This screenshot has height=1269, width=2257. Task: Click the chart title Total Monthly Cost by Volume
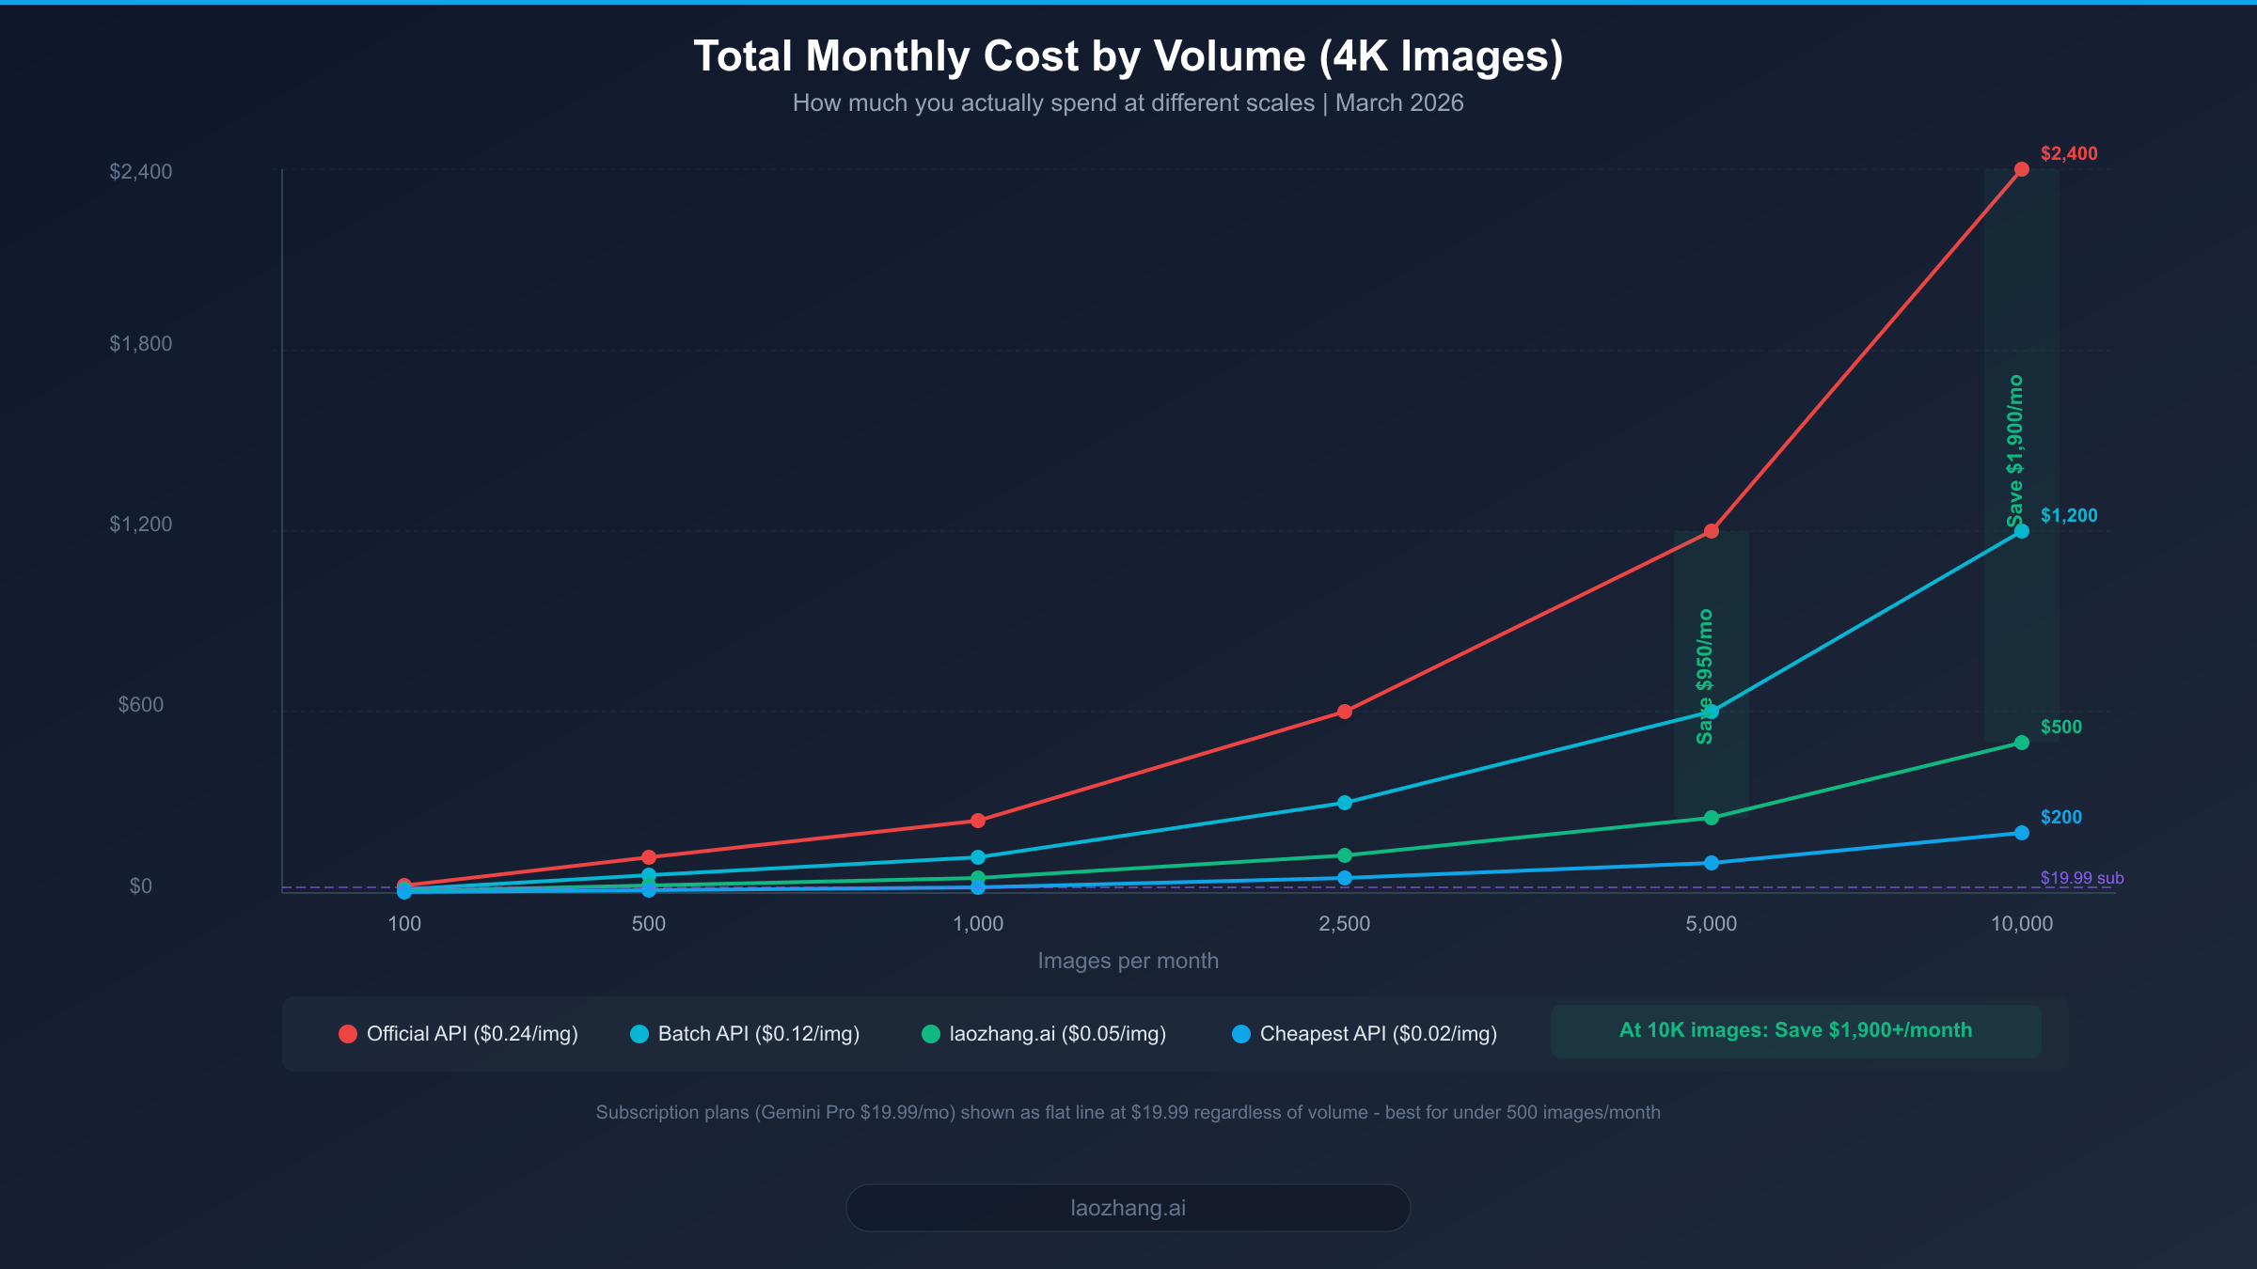pyautogui.click(x=1128, y=56)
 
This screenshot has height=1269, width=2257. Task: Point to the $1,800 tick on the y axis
pyautogui.click(x=141, y=344)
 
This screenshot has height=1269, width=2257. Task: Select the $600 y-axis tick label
pyautogui.click(x=141, y=705)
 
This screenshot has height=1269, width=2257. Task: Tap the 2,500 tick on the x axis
pyautogui.click(x=1344, y=924)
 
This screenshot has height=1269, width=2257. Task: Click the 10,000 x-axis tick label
pyautogui.click(x=2021, y=924)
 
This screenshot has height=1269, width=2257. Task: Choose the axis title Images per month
pyautogui.click(x=1128, y=962)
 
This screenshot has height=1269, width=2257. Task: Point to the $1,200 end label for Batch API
pyautogui.click(x=2068, y=516)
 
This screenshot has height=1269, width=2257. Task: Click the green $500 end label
pyautogui.click(x=2060, y=728)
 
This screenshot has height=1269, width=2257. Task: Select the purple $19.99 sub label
pyautogui.click(x=2081, y=879)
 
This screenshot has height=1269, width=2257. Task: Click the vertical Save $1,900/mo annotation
pyautogui.click(x=2014, y=451)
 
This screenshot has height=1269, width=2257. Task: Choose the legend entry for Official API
pyautogui.click(x=459, y=1034)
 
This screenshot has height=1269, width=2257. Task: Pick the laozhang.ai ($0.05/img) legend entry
pyautogui.click(x=1044, y=1034)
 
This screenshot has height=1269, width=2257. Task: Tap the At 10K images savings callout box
pyautogui.click(x=1795, y=1031)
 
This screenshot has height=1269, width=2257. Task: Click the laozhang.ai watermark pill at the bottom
pyautogui.click(x=1128, y=1208)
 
